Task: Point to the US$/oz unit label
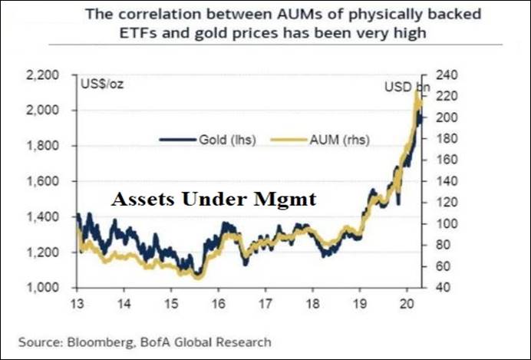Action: point(101,83)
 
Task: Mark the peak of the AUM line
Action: point(416,91)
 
